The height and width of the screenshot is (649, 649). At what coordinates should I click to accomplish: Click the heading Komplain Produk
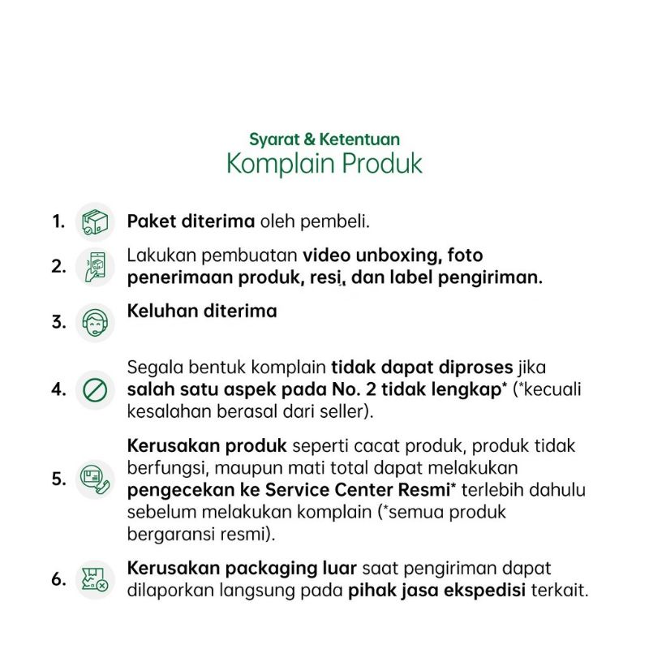(324, 163)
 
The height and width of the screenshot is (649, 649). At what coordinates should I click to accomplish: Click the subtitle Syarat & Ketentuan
(324, 140)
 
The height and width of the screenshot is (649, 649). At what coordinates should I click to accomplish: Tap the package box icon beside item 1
(95, 221)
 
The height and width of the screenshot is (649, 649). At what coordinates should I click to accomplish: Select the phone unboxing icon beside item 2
(95, 267)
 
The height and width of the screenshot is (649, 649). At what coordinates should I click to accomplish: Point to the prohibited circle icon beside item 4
(95, 389)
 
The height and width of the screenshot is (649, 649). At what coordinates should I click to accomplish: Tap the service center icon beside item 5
(95, 479)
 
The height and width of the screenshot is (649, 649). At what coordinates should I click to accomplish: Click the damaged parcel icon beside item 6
(95, 579)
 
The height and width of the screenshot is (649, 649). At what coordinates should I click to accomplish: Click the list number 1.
(58, 221)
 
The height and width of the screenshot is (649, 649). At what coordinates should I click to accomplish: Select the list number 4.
(58, 389)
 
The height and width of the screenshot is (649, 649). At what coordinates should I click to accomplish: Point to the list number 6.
(58, 579)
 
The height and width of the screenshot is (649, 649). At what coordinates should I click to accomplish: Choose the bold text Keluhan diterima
(202, 311)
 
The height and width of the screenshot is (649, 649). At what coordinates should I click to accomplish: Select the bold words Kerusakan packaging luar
(243, 568)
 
